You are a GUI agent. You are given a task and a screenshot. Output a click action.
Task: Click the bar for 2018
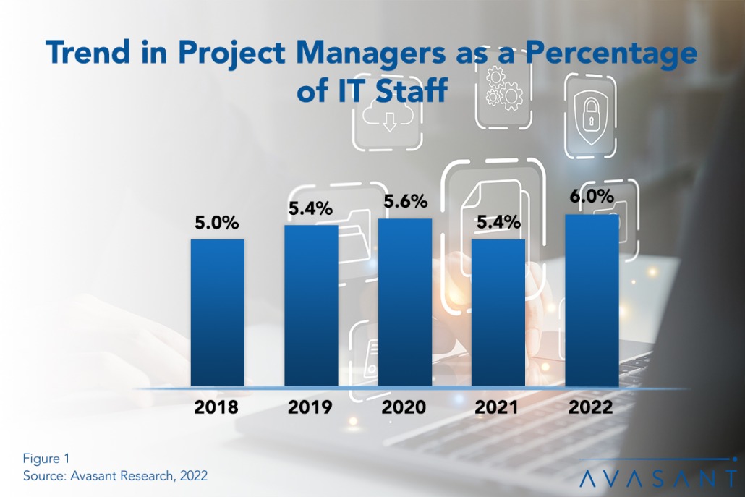(217, 313)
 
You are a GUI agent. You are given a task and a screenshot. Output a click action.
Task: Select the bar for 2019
(310, 305)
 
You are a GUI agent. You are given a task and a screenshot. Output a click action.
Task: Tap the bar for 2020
(404, 302)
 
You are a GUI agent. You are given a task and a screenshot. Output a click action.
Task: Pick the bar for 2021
(498, 313)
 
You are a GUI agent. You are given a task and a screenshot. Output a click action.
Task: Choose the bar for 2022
(592, 300)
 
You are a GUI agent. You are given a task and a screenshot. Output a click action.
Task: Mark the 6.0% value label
(591, 197)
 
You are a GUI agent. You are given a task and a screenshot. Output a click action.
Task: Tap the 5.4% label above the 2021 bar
(498, 222)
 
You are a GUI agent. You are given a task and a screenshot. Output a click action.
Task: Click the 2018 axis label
(216, 407)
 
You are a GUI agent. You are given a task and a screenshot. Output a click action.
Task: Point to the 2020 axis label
(404, 407)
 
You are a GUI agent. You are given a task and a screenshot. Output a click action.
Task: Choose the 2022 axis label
(591, 407)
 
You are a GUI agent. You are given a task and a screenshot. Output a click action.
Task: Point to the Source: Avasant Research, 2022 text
(115, 475)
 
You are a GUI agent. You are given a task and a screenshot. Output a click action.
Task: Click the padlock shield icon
(589, 116)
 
